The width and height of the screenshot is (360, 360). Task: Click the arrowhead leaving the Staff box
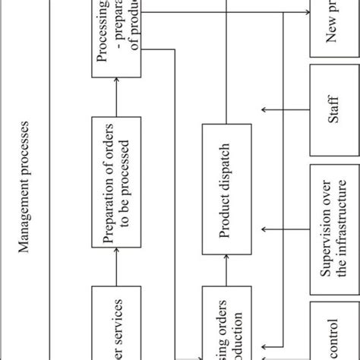pos(264,109)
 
